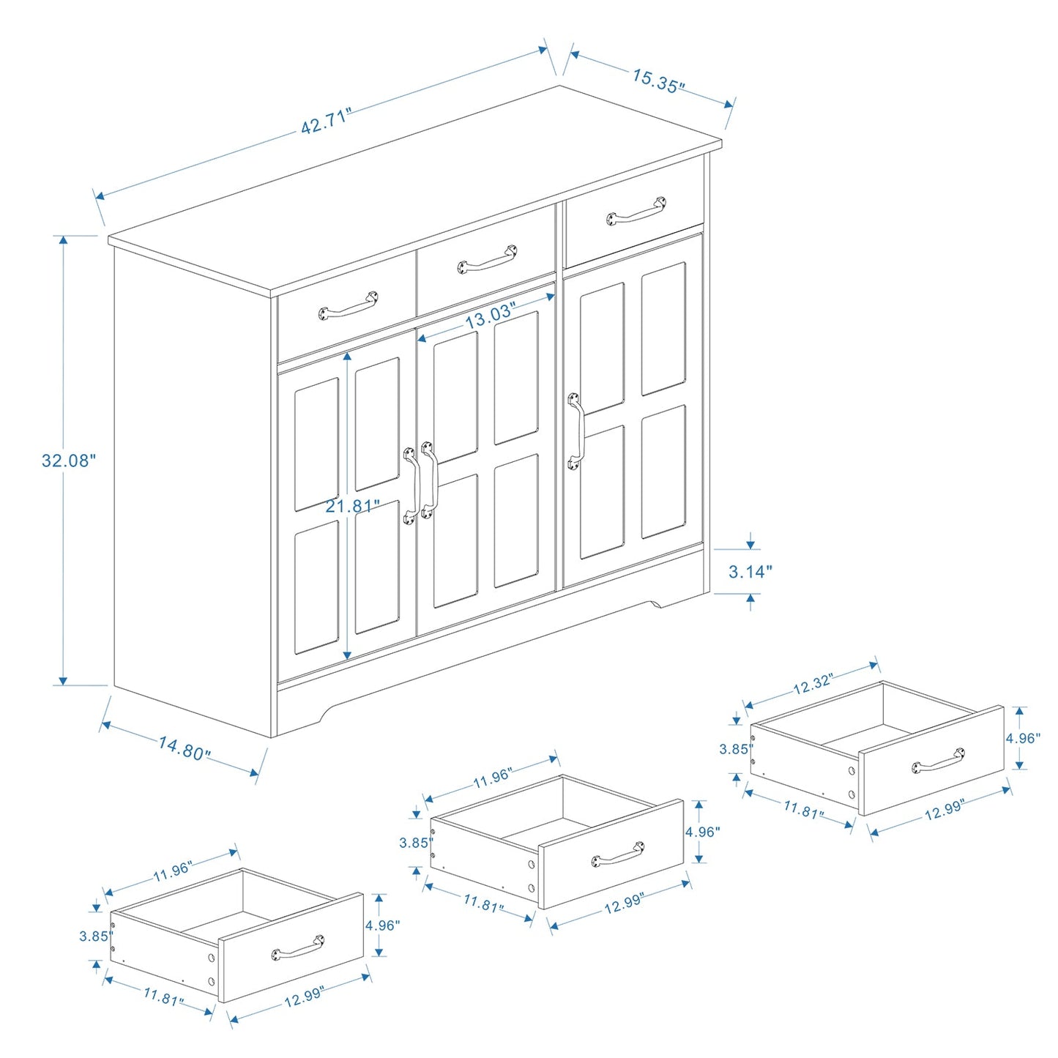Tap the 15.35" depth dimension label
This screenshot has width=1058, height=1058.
pyautogui.click(x=658, y=81)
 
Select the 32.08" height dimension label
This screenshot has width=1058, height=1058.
pyautogui.click(x=68, y=461)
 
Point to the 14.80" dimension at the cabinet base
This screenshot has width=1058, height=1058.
pyautogui.click(x=185, y=748)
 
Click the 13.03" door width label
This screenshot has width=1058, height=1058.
pyautogui.click(x=490, y=315)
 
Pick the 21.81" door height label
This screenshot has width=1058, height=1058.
pyautogui.click(x=353, y=506)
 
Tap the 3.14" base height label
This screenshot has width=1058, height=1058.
pyautogui.click(x=750, y=572)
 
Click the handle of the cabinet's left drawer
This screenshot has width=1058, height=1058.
pyautogui.click(x=349, y=306)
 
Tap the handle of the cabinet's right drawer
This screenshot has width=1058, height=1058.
pyautogui.click(x=636, y=211)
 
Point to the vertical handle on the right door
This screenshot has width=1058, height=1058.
pyautogui.click(x=575, y=431)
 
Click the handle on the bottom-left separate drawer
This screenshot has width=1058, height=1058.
pyautogui.click(x=298, y=947)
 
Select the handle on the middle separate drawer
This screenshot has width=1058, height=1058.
pyautogui.click(x=618, y=854)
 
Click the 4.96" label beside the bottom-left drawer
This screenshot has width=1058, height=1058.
pyautogui.click(x=382, y=925)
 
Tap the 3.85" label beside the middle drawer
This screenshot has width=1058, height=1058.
pyautogui.click(x=414, y=843)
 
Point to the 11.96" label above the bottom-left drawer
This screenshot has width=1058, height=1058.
pyautogui.click(x=173, y=871)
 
